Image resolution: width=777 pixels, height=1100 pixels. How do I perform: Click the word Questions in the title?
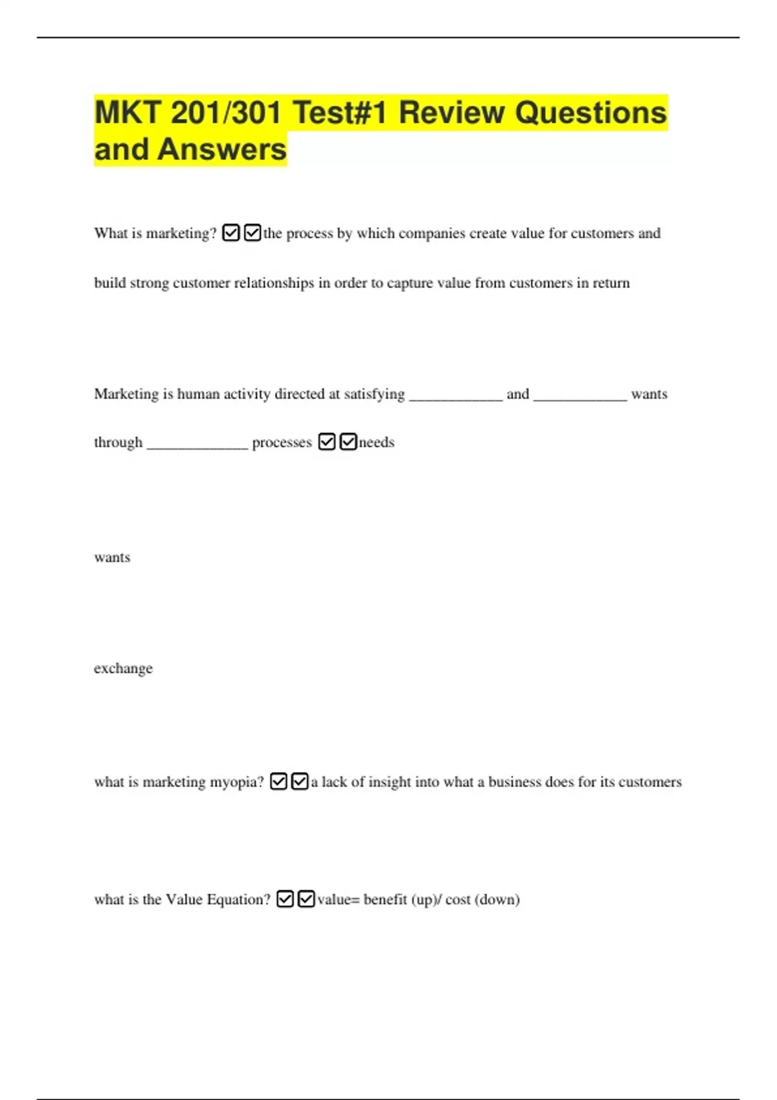point(591,113)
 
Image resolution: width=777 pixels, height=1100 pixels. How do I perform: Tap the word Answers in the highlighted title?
point(221,149)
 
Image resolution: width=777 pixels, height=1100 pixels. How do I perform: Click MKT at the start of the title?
point(128,113)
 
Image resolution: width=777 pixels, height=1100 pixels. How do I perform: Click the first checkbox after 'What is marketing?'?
point(231,233)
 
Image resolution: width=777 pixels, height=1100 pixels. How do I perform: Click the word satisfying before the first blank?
point(374,394)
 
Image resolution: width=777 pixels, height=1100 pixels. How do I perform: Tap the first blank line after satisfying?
point(456,396)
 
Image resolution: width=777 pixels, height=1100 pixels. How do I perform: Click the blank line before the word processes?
point(197,445)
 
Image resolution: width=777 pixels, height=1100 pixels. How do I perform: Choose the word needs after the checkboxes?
point(376,443)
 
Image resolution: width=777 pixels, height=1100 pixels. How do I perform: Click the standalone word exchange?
point(123,668)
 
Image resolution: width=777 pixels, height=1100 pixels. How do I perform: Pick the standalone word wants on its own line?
point(112,558)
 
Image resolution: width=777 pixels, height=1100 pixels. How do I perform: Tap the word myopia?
point(236,782)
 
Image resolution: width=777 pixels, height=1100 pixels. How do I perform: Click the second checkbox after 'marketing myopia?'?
point(300,782)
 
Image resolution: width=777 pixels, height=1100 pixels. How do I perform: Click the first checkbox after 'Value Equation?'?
point(285,899)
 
